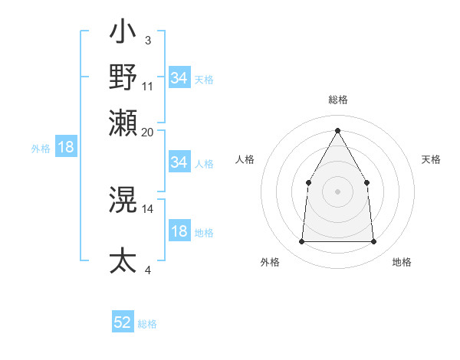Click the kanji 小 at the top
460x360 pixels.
click(123, 35)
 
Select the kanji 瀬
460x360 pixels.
click(123, 123)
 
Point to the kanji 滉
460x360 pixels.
click(123, 201)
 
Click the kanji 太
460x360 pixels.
click(123, 260)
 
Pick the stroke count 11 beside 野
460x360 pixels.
click(148, 86)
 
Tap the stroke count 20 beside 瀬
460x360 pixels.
click(148, 132)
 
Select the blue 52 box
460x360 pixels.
click(123, 322)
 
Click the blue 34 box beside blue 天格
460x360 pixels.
click(179, 78)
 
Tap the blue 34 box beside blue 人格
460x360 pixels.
click(179, 162)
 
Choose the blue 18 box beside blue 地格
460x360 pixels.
click(179, 232)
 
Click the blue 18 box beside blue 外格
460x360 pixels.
click(66, 148)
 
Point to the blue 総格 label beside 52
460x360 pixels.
click(147, 324)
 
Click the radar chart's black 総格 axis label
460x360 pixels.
click(337, 100)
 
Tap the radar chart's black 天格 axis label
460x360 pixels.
click(431, 159)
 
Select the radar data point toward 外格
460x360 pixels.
click(301, 242)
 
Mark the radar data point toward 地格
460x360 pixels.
click(374, 242)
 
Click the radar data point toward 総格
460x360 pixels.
click(337, 129)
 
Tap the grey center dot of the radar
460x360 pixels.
click(337, 191)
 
